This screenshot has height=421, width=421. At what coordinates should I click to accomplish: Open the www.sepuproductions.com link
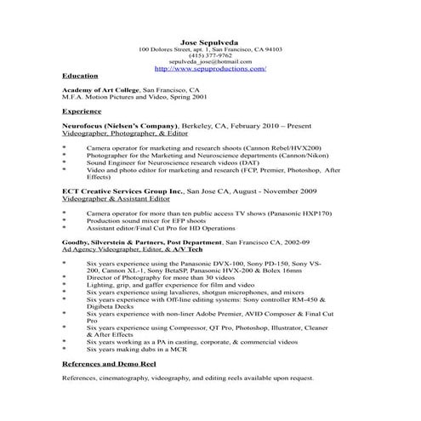210,69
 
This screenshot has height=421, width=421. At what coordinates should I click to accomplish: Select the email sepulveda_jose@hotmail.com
210,62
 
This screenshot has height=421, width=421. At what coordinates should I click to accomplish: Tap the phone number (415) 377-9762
210,55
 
